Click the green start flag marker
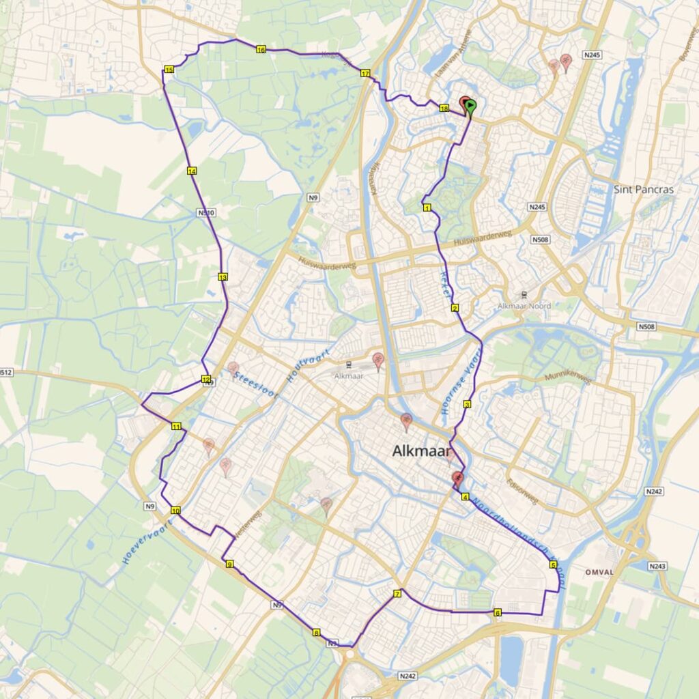tap(471, 106)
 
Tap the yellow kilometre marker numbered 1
tap(427, 208)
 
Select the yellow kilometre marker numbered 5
tap(553, 565)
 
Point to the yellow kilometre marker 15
tap(169, 70)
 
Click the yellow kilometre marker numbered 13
tap(223, 277)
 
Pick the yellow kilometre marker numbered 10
tap(175, 511)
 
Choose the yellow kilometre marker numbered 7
tap(397, 595)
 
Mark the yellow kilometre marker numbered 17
tap(365, 74)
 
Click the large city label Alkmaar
tap(420, 451)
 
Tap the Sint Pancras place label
tap(644, 189)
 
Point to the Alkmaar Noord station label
tap(524, 306)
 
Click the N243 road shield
tap(657, 566)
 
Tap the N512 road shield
tap(5, 372)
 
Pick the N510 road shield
tap(205, 213)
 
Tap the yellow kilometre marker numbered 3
tap(467, 405)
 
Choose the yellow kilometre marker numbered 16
tap(261, 49)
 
